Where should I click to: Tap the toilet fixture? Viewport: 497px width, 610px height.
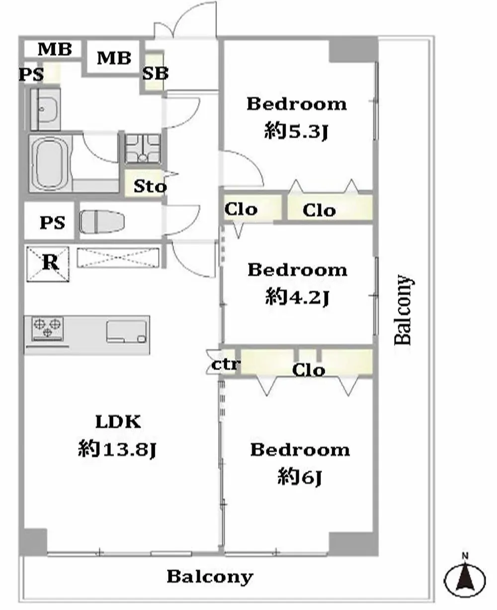click(x=102, y=222)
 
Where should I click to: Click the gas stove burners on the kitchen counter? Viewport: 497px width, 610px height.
click(x=47, y=328)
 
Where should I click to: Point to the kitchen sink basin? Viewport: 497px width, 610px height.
click(x=126, y=332)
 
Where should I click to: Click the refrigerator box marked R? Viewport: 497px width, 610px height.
click(x=48, y=264)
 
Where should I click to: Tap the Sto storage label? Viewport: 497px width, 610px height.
click(x=150, y=186)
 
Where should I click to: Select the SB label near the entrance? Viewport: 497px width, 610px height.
click(x=155, y=74)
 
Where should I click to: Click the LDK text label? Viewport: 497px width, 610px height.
click(x=118, y=422)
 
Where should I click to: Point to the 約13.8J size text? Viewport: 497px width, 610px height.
click(x=117, y=449)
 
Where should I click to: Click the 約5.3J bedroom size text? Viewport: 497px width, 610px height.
click(x=296, y=132)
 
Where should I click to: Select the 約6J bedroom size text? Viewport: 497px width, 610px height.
click(x=300, y=476)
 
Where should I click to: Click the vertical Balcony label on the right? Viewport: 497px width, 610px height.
click(x=404, y=310)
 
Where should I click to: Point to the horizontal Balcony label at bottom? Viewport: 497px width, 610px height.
click(x=210, y=577)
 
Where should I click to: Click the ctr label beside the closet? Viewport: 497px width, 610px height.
click(x=225, y=365)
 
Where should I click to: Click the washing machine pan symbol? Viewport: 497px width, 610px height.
click(x=143, y=148)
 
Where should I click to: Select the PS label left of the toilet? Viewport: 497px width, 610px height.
click(x=52, y=223)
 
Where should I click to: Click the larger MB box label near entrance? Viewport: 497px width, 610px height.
click(x=114, y=58)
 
